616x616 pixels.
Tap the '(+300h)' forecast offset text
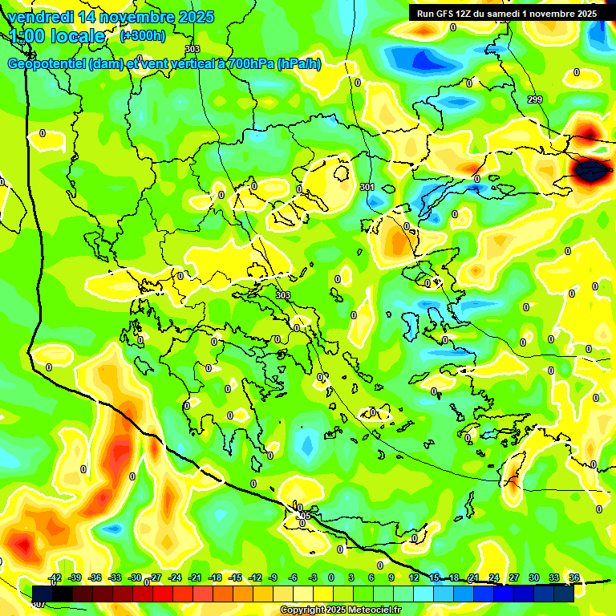point(142,35)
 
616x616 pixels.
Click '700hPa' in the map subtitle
point(248,64)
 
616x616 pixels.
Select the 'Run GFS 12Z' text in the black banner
point(448,14)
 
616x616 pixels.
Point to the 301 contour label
point(367,187)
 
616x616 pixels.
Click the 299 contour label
point(534,99)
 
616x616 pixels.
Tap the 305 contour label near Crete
point(303,515)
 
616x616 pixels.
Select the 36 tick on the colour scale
point(573,577)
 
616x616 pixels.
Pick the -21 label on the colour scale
point(195,577)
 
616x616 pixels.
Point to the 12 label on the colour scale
point(414,577)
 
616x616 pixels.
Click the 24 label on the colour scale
point(493,577)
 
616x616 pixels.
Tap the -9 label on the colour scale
point(274,577)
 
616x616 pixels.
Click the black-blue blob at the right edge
point(591,169)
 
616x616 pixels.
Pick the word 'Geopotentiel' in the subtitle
point(45,64)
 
